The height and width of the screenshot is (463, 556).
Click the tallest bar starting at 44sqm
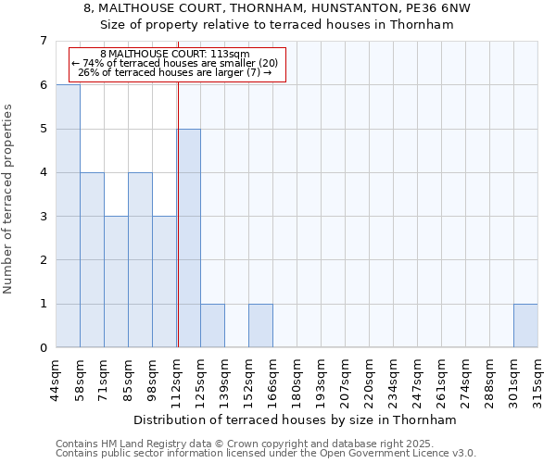[68, 216]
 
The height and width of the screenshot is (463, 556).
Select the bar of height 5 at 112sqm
[189, 238]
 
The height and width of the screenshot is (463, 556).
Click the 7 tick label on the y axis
[43, 41]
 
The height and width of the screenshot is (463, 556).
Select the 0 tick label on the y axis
[43, 348]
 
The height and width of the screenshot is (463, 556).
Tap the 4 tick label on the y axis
[43, 172]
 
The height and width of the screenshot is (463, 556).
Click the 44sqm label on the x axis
[57, 375]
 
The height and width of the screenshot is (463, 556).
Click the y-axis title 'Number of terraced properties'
[9, 198]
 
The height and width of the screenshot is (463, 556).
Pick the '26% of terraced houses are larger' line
[174, 72]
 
